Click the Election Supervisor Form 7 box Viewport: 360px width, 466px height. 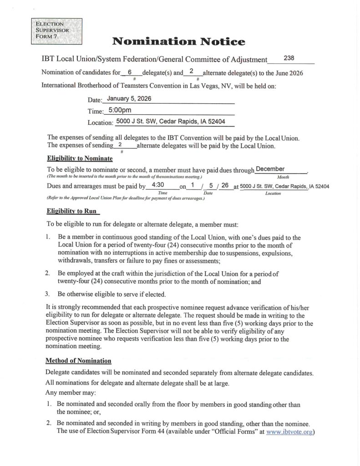(56, 30)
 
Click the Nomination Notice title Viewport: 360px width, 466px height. (178, 42)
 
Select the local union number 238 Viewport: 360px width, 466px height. (289, 58)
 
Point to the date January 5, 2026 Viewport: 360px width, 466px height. (129, 98)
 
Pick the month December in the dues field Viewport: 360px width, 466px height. (270, 169)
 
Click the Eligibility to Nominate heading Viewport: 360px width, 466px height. (80, 158)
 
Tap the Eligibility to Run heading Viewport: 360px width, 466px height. (73, 211)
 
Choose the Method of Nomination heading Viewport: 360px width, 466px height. (78, 361)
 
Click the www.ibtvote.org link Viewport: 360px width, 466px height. (289, 432)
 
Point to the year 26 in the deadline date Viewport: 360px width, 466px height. (224, 185)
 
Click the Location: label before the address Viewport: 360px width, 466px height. (100, 122)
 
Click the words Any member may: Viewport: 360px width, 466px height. (71, 392)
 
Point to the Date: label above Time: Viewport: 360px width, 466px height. (95, 100)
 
